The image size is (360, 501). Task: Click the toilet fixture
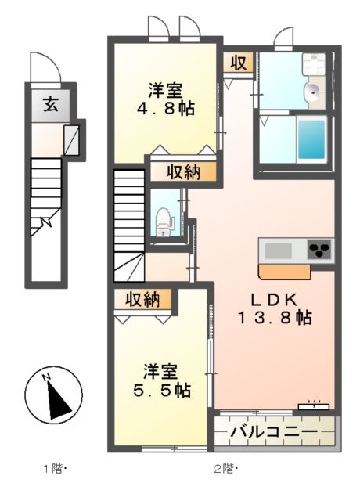tap(164, 221)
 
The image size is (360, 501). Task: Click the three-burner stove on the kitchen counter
tap(319, 250)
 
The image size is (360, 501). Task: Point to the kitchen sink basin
tap(278, 251)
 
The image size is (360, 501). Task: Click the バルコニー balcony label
tap(275, 431)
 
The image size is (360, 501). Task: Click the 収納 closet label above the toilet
tap(181, 172)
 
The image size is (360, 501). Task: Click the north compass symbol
tap(54, 396)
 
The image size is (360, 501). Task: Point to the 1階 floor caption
tap(56, 470)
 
